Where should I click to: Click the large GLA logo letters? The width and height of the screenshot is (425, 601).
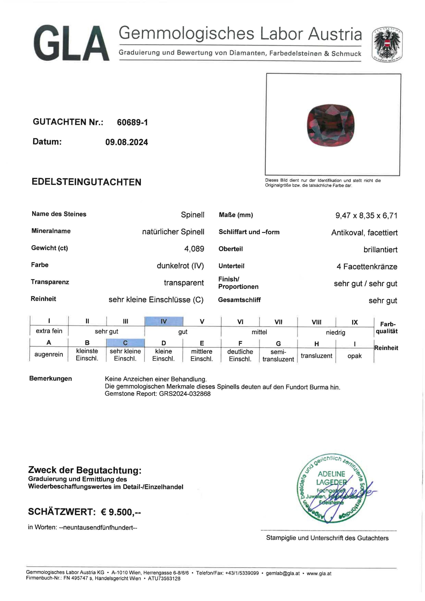[x=71, y=43]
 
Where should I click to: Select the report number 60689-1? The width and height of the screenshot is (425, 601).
[x=132, y=122]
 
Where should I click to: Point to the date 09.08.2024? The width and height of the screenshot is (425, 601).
[x=127, y=142]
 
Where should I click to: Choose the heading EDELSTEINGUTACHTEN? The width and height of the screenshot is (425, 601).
[x=86, y=182]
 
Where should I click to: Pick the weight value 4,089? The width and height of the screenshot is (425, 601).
[x=194, y=249]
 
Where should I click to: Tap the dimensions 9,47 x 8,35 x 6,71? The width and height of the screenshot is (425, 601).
[x=366, y=216]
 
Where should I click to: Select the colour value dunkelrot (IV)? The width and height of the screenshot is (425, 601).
[x=180, y=266]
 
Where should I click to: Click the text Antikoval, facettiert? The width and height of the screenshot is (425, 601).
[x=364, y=232]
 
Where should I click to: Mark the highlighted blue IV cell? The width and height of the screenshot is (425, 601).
[x=164, y=321]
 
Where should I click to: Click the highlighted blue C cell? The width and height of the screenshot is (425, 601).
[x=125, y=343]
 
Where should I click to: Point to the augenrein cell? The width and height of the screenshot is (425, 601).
[x=49, y=354]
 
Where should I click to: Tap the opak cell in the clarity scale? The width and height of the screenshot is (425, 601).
[x=354, y=356]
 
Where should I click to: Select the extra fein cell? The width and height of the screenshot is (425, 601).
[x=49, y=331]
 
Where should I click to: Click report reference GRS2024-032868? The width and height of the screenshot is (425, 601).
[x=185, y=394]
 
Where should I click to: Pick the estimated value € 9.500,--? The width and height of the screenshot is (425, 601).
[x=121, y=512]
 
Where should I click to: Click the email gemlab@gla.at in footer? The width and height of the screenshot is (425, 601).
[x=282, y=573]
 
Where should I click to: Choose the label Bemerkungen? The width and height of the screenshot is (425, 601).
[x=50, y=378]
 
